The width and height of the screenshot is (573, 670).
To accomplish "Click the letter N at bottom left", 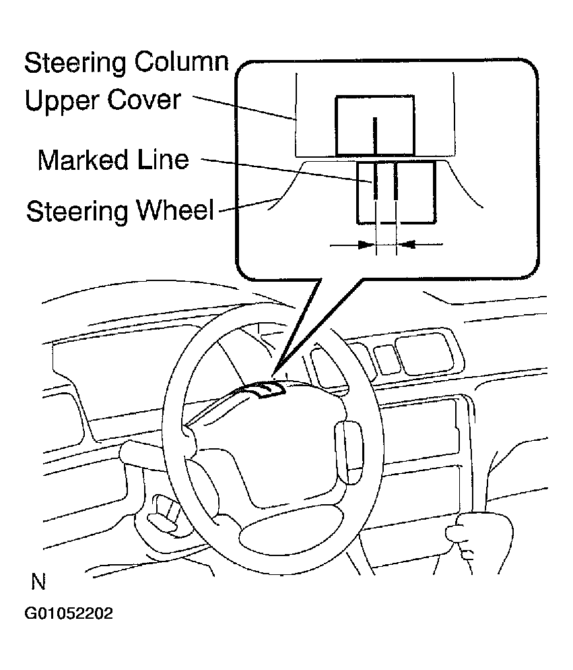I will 38,582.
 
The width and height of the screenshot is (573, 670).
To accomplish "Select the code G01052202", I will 69,615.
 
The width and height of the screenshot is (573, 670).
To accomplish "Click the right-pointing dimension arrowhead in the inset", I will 368,245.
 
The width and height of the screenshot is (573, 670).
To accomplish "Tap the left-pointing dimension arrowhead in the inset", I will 405,245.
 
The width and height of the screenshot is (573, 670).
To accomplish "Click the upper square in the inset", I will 374,125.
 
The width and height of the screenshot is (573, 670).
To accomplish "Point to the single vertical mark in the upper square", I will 375,135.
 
